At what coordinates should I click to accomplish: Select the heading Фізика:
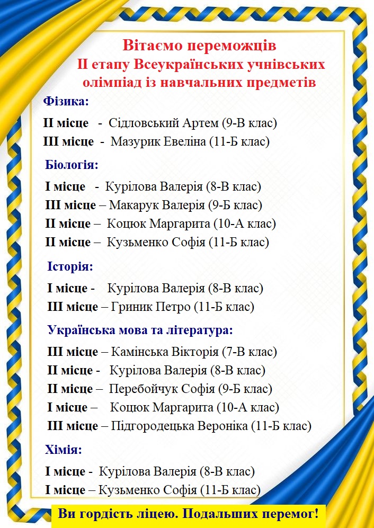[66, 101]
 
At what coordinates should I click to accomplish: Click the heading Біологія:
[72, 165]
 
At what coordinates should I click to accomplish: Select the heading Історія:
[70, 266]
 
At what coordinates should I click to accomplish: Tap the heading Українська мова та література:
[140, 330]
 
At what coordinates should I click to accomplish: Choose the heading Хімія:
[64, 451]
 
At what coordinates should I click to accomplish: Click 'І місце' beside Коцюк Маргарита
[67, 408]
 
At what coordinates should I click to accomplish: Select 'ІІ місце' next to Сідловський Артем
[66, 123]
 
